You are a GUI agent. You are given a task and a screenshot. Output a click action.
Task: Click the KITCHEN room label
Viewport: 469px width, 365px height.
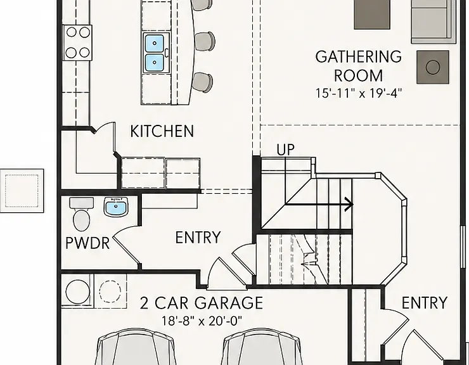[162, 131]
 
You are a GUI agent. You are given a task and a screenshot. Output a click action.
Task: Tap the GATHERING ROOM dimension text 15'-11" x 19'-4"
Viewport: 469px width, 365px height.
[358, 93]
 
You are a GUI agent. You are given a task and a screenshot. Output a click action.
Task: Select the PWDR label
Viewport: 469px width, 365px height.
[87, 243]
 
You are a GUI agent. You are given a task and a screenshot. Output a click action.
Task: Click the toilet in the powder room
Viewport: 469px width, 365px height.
[81, 215]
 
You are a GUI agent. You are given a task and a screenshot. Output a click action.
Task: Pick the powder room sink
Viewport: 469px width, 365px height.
[116, 207]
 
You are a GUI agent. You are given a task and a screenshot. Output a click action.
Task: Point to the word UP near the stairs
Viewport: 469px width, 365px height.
[286, 150]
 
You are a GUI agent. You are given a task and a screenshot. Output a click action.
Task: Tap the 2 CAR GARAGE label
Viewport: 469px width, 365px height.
[202, 303]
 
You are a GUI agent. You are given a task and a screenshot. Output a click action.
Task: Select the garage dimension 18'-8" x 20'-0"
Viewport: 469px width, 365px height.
[202, 321]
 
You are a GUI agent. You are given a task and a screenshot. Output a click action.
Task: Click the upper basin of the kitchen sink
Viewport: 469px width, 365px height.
[155, 43]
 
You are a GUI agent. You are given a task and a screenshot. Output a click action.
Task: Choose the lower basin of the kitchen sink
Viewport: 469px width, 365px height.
[155, 63]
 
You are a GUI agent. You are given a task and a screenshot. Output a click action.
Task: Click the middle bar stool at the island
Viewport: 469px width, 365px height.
[205, 42]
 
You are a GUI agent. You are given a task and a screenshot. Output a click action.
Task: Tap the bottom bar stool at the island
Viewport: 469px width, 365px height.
[203, 82]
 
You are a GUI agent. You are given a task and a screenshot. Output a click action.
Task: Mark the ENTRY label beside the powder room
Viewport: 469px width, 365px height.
[198, 237]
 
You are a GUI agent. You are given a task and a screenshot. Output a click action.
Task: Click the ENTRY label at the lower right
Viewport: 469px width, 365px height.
[425, 302]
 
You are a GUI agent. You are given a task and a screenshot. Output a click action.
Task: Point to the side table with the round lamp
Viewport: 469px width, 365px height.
[433, 67]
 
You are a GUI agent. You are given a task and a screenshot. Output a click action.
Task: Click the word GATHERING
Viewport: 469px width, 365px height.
[358, 57]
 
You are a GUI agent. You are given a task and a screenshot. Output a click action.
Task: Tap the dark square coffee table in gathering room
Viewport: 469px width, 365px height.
[372, 15]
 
